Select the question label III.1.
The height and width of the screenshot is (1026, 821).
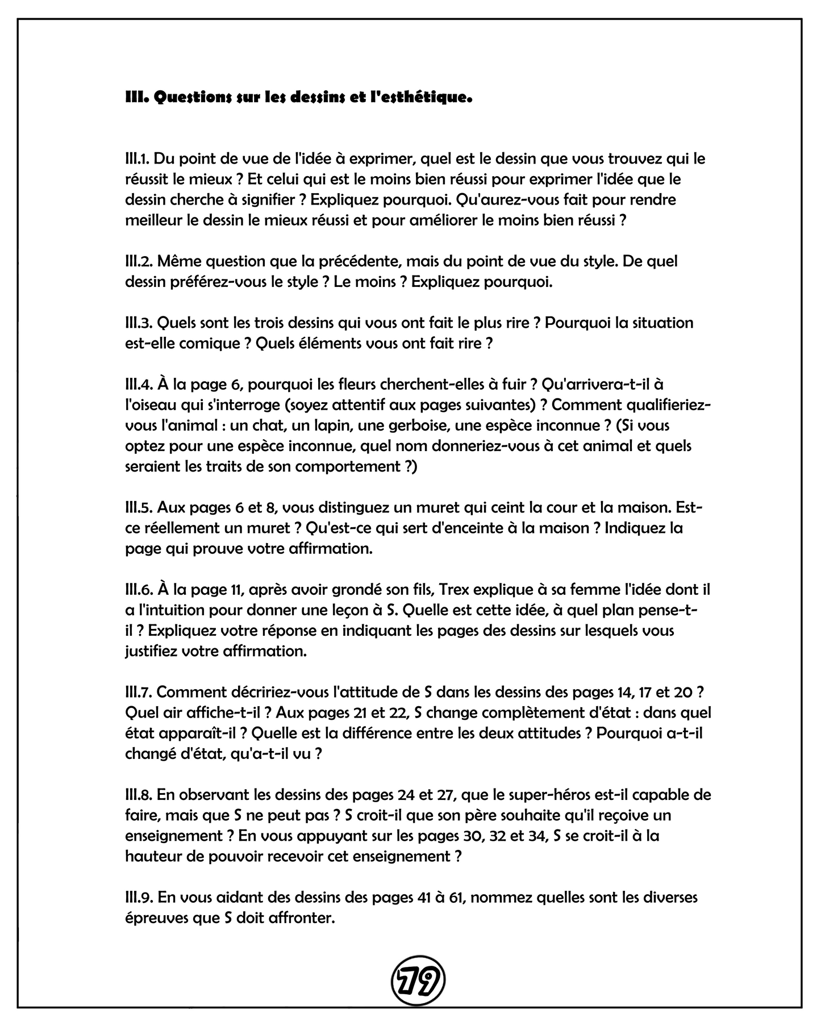point(138,159)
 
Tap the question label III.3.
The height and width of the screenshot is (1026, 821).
point(139,323)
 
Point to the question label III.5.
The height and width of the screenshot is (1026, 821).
point(139,507)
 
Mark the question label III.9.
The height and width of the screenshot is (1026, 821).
point(139,897)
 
